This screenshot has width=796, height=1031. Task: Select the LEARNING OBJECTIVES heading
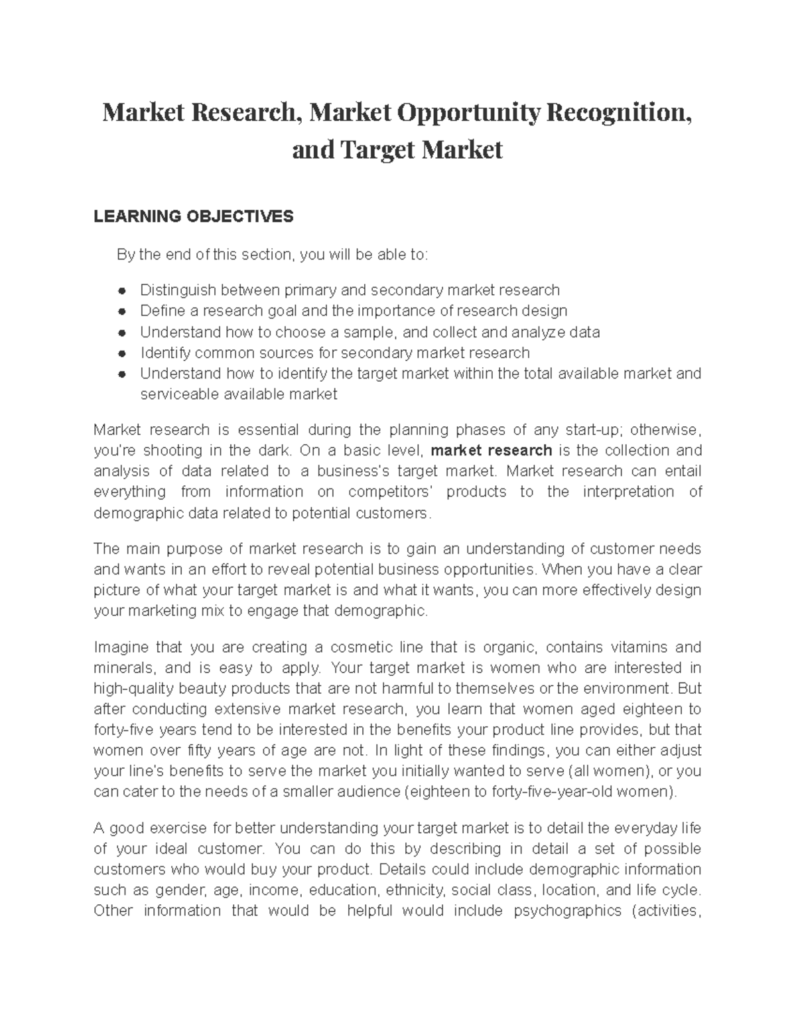coord(193,216)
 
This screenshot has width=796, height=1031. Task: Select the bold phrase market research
coord(491,450)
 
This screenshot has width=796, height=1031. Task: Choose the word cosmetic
coord(361,647)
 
